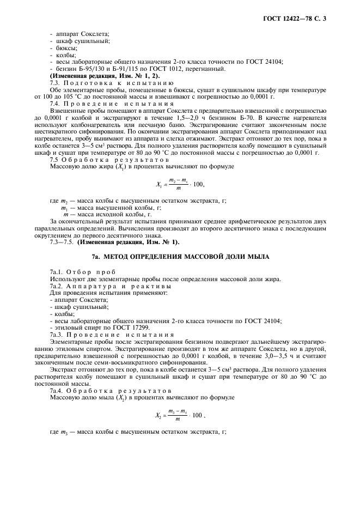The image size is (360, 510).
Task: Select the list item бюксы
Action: tap(66, 48)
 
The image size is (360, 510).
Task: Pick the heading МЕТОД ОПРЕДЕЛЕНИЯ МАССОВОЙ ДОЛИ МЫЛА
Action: tap(186, 256)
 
